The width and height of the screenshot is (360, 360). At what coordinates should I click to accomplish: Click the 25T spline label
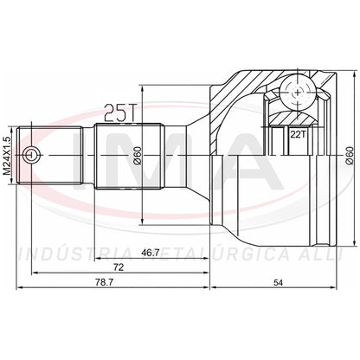pos(119,112)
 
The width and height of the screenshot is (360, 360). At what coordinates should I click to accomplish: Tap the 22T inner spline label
pos(298,134)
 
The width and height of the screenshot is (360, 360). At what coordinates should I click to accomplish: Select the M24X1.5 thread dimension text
pos(7,156)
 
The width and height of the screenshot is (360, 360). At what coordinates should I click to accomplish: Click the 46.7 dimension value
pos(151,253)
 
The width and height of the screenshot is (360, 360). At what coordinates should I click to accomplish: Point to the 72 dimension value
pos(119,267)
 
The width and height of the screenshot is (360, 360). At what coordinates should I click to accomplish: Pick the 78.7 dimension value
pos(104,283)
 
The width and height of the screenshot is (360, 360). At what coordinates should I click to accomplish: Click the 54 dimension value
pos(278,283)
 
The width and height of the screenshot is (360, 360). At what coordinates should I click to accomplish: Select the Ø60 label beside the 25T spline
pos(138,156)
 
